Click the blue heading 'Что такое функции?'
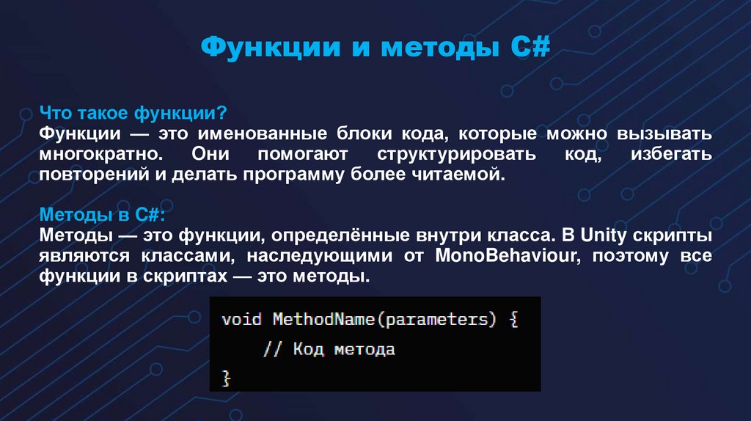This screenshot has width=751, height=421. pos(133,114)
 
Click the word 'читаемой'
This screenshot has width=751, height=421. pos(458,176)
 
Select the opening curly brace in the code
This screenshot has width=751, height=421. pos(513,321)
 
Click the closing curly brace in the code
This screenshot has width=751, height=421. pos(226,378)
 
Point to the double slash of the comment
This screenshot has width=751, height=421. pos(273,350)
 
